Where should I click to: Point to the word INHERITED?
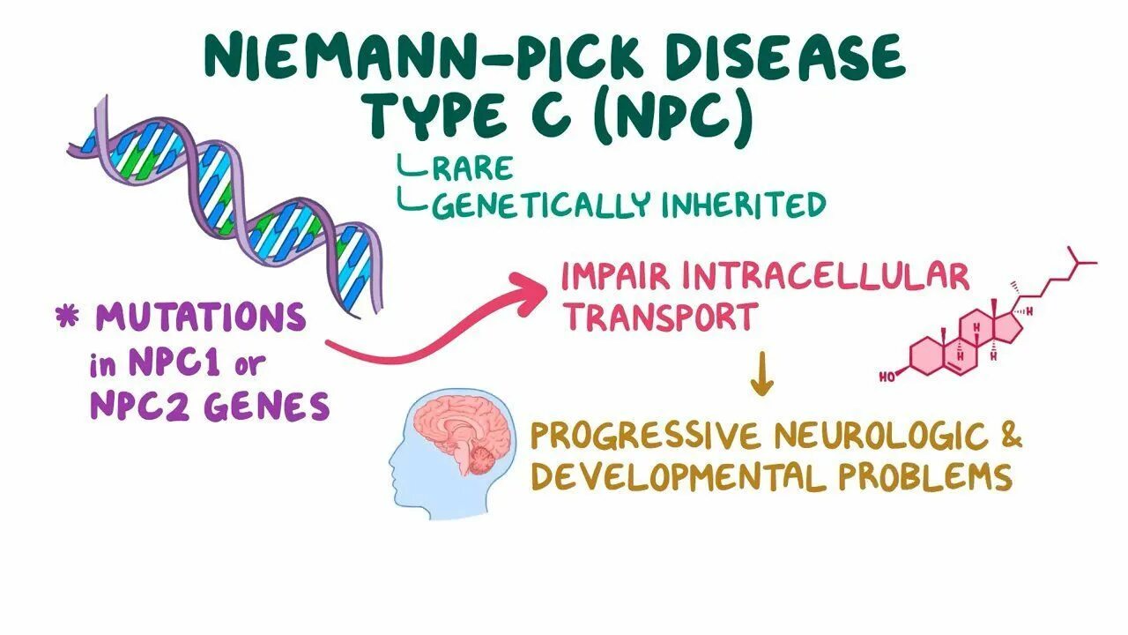(x=744, y=205)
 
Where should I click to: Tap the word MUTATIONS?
(x=201, y=317)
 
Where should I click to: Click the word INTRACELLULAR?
(x=827, y=277)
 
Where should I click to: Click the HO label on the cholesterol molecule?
(x=887, y=377)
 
